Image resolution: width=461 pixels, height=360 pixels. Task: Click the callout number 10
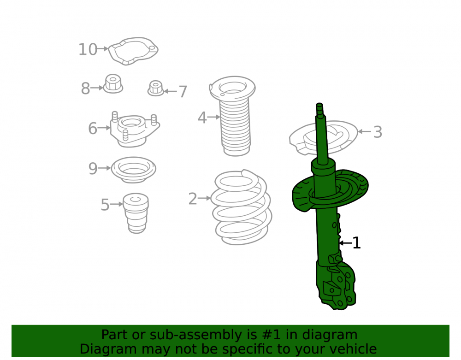88,49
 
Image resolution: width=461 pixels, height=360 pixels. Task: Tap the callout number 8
85,89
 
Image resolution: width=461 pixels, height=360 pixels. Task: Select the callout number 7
183,91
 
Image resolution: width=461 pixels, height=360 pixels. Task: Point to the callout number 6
93,129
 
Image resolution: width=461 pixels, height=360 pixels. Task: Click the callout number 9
93,169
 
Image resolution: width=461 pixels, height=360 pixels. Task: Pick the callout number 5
105,205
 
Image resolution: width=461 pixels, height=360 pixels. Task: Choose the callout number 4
202,118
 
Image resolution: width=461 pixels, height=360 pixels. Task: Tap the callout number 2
193,199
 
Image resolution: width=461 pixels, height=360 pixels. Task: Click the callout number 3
378,132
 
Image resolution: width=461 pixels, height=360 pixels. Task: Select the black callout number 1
356,243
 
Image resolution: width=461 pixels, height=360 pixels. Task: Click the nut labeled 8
113,84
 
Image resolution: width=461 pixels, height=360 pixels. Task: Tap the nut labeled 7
155,88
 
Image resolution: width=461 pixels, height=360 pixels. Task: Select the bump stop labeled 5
136,213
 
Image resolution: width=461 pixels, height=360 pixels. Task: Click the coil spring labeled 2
242,207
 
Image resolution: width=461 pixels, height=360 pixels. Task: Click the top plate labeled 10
133,51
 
